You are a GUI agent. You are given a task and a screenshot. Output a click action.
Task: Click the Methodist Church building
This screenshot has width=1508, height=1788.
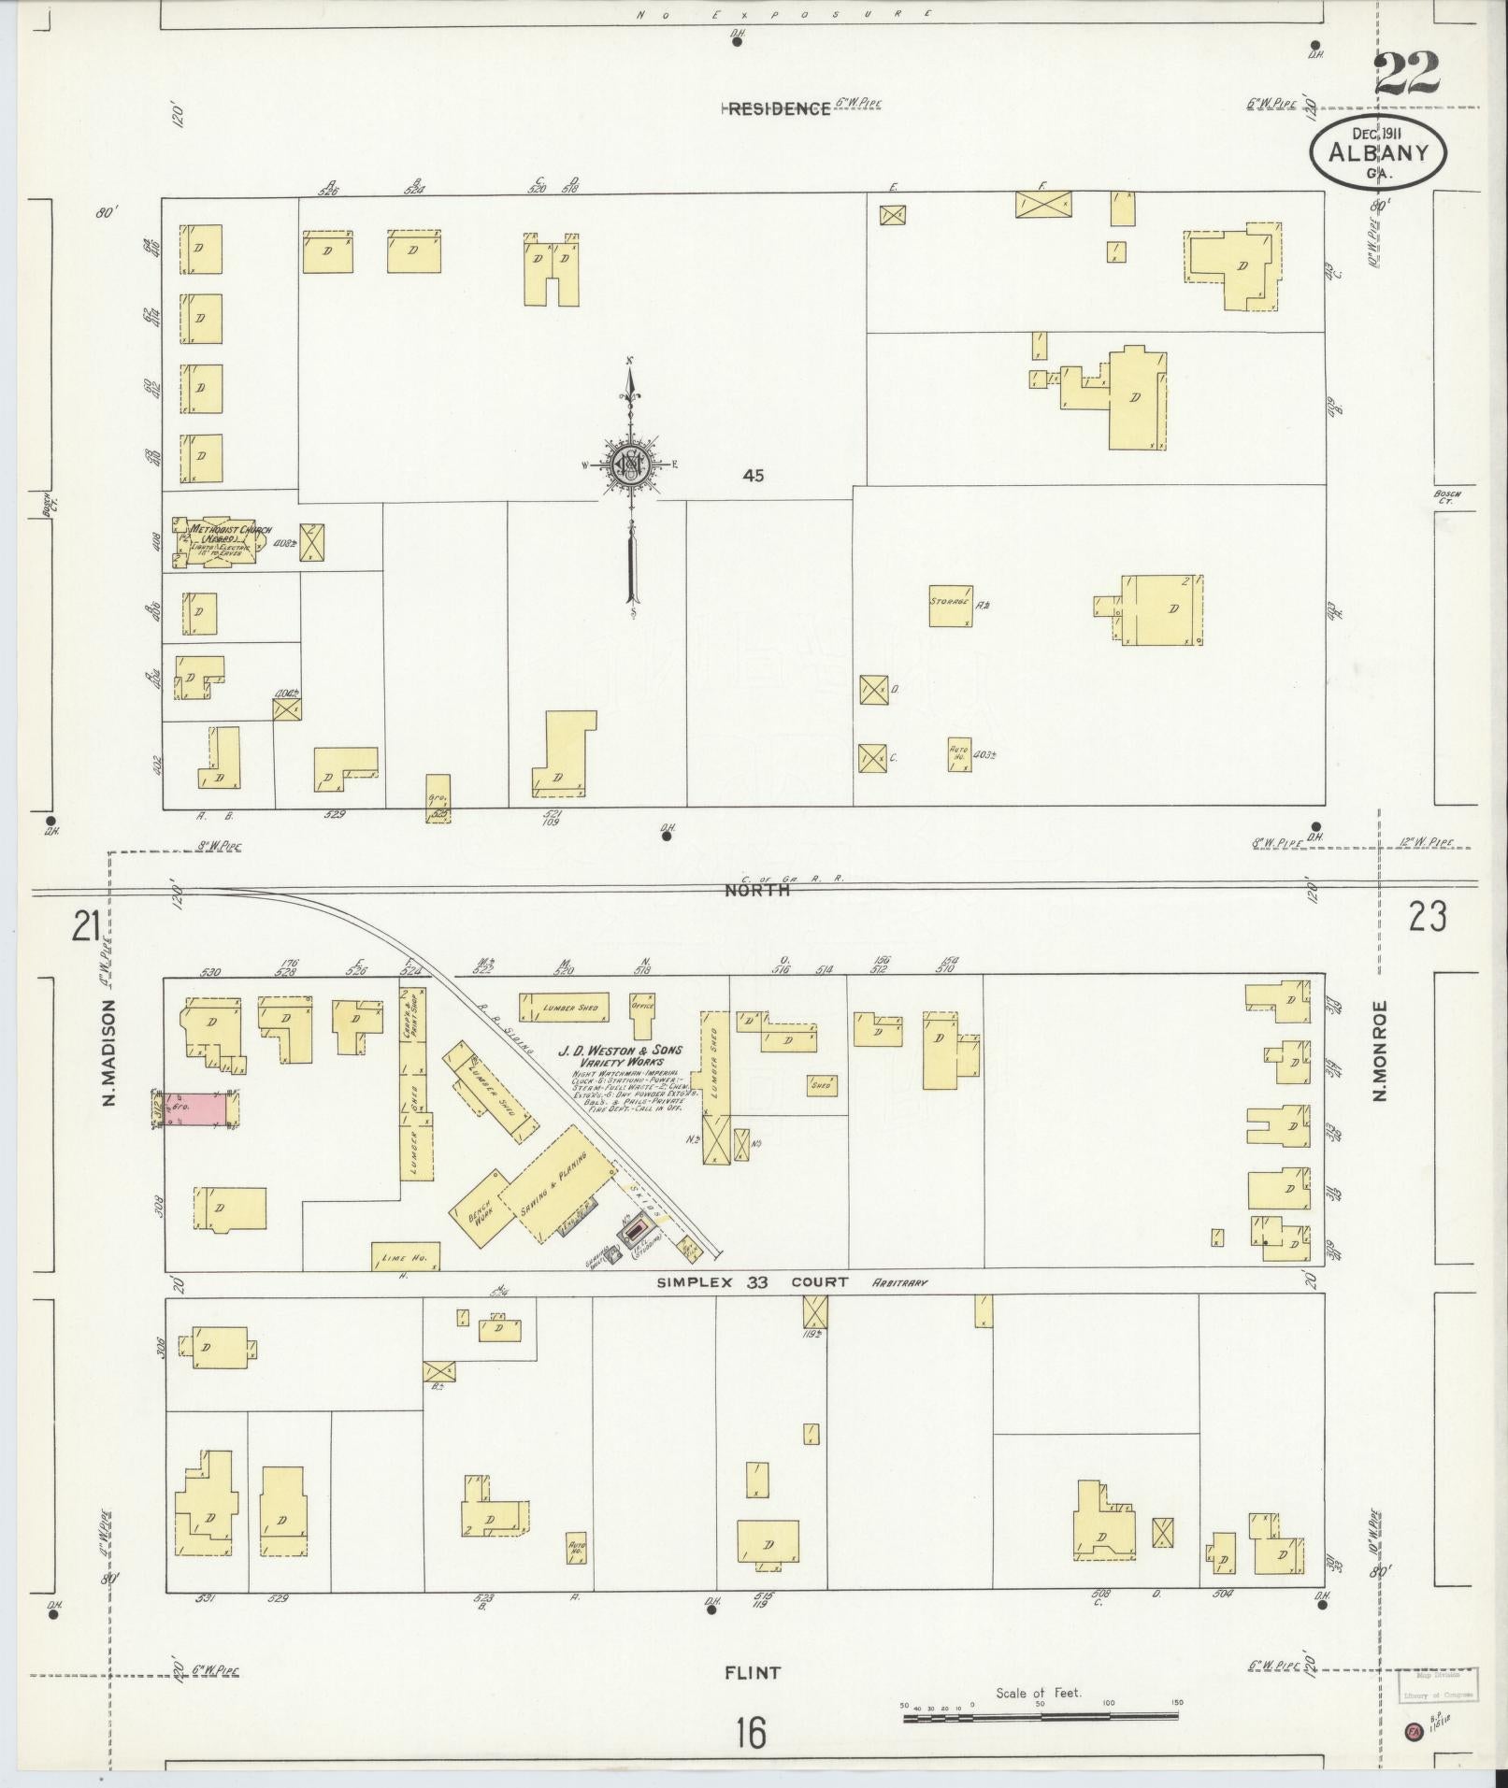click(218, 542)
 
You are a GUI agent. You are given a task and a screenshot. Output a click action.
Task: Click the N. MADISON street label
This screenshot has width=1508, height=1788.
click(110, 1052)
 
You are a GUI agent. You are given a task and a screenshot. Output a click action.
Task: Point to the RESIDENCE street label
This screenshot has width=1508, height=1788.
click(779, 108)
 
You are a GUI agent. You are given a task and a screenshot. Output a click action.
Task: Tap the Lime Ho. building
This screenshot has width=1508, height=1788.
click(406, 1257)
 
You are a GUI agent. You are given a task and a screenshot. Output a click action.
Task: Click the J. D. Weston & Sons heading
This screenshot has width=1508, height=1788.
click(621, 1056)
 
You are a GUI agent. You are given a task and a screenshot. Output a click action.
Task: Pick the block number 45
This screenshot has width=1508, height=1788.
click(753, 476)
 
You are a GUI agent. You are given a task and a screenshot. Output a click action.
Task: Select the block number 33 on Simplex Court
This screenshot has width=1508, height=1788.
click(756, 1282)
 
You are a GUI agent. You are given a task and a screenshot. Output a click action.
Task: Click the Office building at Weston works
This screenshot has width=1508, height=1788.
click(641, 1015)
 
